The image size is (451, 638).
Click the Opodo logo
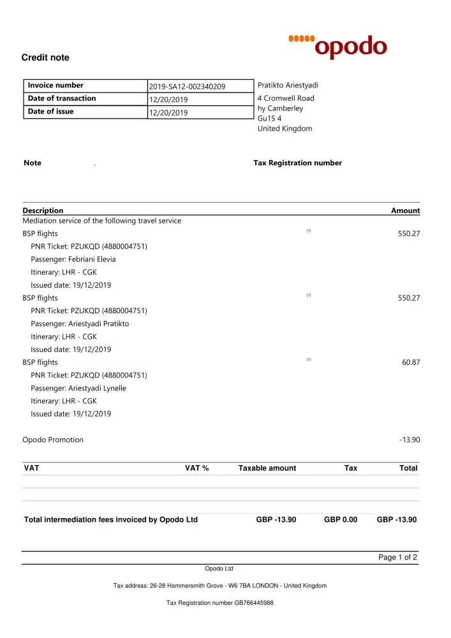[x=338, y=46]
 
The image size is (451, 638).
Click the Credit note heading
[x=45, y=58]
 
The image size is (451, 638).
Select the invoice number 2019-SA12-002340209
[x=187, y=87]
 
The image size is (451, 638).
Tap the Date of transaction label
[x=62, y=98]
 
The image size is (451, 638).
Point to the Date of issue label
[x=50, y=112]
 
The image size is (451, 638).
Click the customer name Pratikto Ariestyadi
[x=288, y=85]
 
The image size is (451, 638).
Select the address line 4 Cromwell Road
[x=286, y=98]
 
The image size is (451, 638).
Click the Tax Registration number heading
[x=297, y=163]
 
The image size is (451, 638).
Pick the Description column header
[x=43, y=211]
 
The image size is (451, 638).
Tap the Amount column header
[x=405, y=211]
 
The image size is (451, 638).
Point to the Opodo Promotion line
[x=53, y=440]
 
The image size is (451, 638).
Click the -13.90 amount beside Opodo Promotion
[x=409, y=440]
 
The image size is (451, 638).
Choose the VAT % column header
[x=196, y=468]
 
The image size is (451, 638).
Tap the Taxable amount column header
[x=267, y=468]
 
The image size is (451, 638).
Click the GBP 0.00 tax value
[x=341, y=520]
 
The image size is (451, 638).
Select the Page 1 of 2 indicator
[x=397, y=558]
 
